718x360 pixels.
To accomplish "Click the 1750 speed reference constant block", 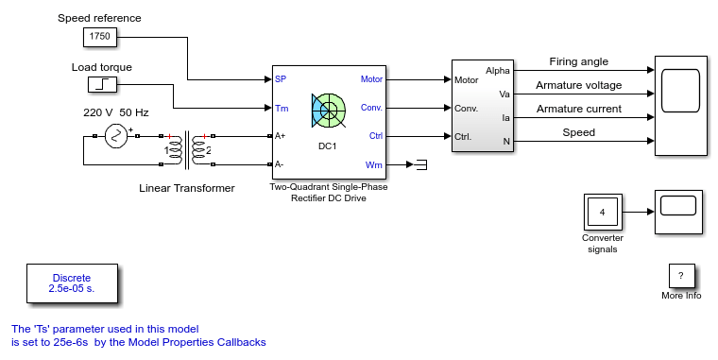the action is tap(100, 37).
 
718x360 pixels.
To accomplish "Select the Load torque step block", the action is tap(102, 85).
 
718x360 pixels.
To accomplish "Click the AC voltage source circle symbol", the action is tap(116, 136).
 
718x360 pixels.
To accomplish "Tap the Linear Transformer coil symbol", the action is tap(187, 150).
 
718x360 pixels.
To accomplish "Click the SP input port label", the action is tap(281, 79).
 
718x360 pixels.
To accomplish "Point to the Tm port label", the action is tap(282, 109).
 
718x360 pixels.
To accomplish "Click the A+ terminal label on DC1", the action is tap(280, 136).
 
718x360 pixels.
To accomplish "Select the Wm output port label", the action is tap(374, 165).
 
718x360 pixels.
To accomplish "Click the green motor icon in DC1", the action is tap(329, 111).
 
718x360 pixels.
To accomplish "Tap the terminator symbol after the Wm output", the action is tap(421, 164).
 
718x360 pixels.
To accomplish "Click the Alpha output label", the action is tap(498, 71).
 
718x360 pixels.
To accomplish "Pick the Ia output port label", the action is tap(505, 118).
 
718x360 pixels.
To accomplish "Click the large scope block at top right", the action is tap(681, 106).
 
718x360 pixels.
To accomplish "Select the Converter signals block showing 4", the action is tap(603, 212).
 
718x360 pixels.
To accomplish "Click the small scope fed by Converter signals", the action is tap(678, 212).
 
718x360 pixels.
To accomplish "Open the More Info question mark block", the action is tap(681, 276).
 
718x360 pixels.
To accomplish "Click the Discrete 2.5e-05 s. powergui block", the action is tap(72, 283).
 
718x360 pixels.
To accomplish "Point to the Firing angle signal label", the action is tap(579, 61).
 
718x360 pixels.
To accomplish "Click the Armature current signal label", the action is tap(579, 109).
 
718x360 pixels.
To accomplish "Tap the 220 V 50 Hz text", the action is tap(116, 112).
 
